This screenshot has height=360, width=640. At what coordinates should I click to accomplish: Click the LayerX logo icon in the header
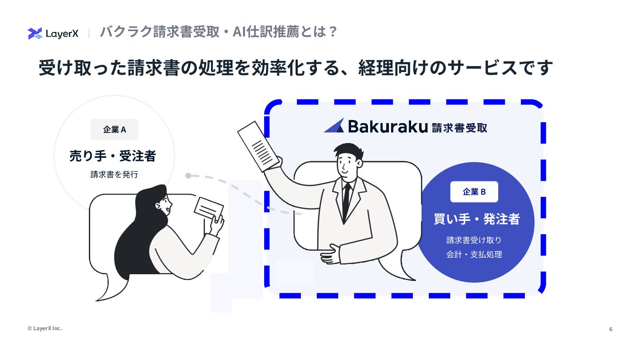click(x=35, y=33)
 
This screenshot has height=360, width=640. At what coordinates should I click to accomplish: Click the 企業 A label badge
click(x=114, y=129)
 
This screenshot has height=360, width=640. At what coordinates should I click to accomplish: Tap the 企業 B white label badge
click(x=474, y=192)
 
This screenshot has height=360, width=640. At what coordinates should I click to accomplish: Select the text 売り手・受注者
click(x=113, y=156)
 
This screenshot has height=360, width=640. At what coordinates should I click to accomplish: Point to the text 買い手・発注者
click(x=476, y=219)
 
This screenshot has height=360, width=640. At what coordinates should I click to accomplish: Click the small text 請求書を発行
click(x=114, y=175)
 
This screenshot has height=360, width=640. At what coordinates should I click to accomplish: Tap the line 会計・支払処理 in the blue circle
click(x=474, y=255)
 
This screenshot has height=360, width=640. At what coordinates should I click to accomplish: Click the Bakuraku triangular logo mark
click(x=334, y=126)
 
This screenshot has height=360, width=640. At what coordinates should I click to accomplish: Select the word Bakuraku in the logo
click(x=388, y=127)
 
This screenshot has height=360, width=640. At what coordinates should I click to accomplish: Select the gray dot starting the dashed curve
click(x=188, y=176)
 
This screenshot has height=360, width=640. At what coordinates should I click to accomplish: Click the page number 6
click(x=611, y=329)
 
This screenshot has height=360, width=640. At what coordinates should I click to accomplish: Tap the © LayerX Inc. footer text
click(x=44, y=328)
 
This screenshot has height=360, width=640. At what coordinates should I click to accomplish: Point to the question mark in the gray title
click(x=332, y=32)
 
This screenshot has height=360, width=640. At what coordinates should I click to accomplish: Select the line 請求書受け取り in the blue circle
click(x=474, y=240)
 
